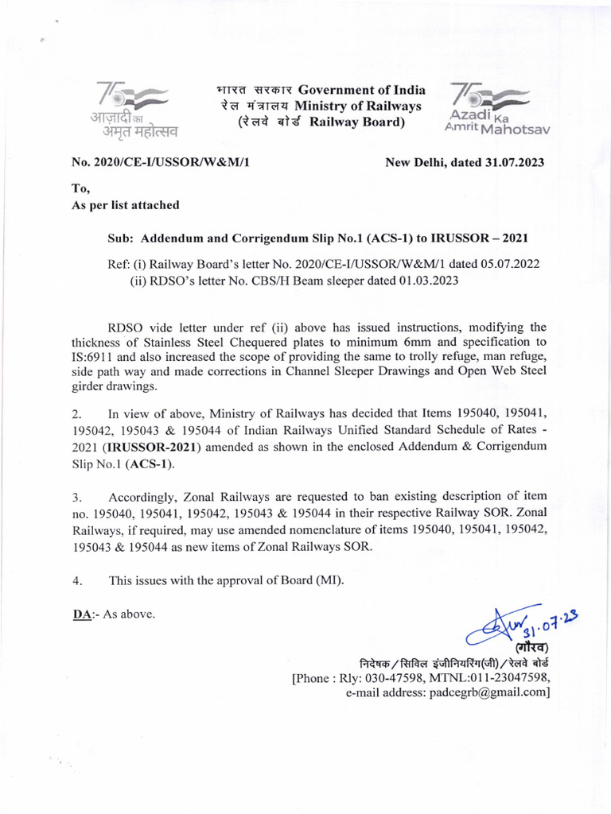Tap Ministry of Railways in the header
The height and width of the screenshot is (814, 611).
point(358,107)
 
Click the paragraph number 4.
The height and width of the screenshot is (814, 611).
point(77,580)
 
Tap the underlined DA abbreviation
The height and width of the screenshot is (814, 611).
point(80,614)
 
